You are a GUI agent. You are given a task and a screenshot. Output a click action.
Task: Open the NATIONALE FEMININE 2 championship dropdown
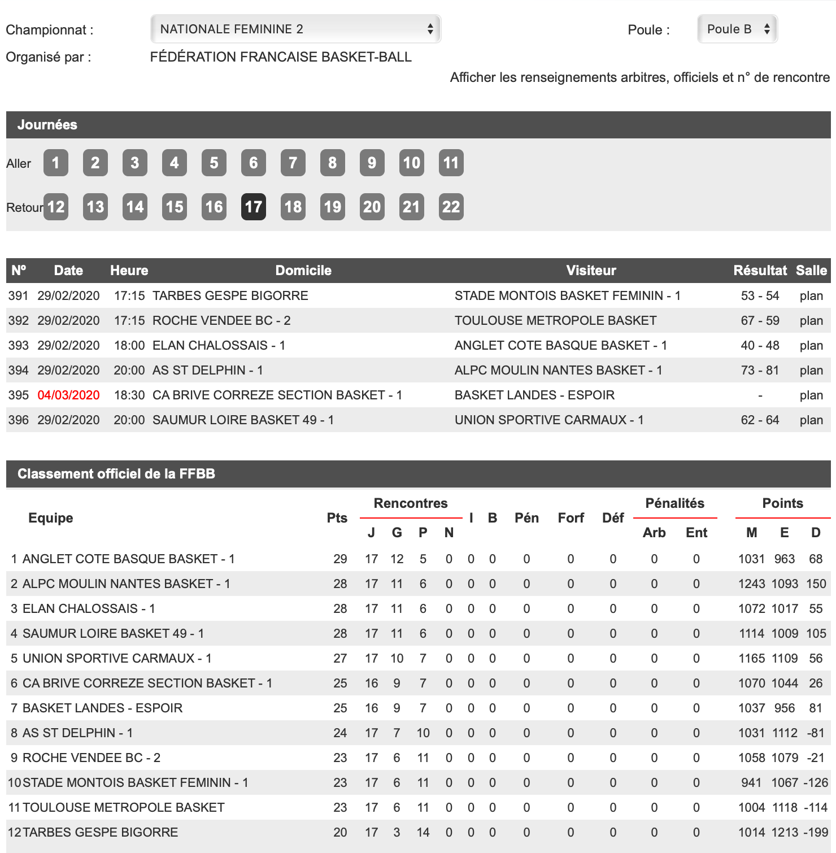point(295,29)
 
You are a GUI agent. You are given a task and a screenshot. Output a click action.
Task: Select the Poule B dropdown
point(737,29)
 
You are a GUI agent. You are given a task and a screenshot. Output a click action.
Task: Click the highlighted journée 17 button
point(253,207)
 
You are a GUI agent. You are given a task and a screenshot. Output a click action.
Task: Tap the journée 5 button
point(214,163)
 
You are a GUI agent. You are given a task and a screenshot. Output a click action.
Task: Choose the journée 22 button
point(451,207)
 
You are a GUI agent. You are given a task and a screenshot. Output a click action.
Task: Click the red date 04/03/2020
point(68,395)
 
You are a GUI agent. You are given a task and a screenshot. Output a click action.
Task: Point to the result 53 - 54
point(760,296)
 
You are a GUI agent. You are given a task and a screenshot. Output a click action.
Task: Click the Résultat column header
point(760,271)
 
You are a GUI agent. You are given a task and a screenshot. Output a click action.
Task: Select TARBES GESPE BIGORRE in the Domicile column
point(230,296)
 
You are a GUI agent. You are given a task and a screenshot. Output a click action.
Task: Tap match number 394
point(18,371)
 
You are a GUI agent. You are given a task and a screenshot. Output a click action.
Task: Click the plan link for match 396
point(811,420)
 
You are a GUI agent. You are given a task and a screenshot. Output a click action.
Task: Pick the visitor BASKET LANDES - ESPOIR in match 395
point(534,395)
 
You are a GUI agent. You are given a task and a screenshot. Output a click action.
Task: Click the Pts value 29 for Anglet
point(340,559)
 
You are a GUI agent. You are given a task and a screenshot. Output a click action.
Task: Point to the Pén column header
point(526,518)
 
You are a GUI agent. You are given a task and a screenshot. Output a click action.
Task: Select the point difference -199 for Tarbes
point(816,833)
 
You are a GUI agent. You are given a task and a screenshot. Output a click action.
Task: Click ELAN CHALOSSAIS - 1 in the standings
point(89,609)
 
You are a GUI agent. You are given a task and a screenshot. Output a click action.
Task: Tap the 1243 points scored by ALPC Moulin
point(751,584)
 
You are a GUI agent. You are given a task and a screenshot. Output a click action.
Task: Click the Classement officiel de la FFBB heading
point(116,474)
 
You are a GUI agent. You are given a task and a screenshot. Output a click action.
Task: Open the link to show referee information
point(639,77)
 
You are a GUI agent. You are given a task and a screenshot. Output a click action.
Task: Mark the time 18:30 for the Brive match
point(129,395)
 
